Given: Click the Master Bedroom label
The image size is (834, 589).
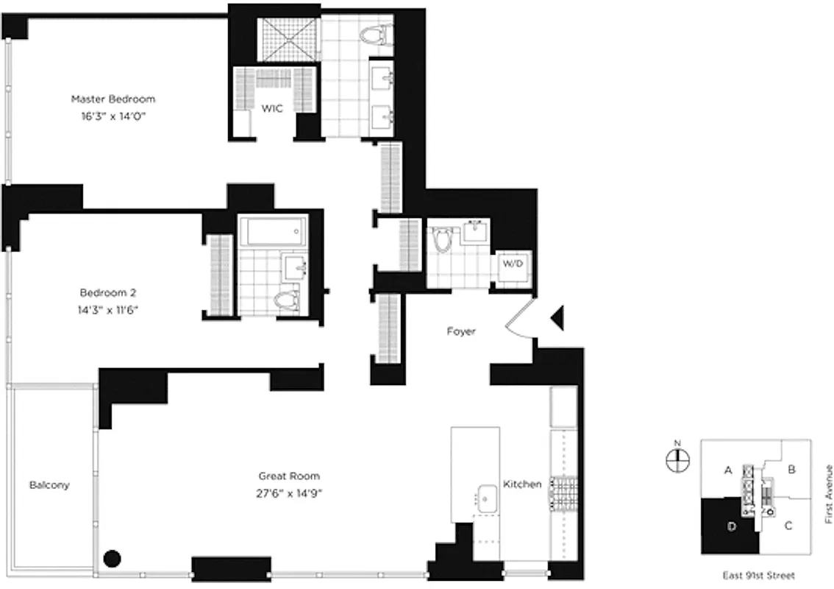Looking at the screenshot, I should click(x=113, y=99).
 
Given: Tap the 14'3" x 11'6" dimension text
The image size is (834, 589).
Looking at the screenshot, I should click(x=109, y=310).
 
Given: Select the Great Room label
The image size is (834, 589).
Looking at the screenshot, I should click(x=288, y=476).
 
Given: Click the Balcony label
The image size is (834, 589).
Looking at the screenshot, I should click(x=49, y=485).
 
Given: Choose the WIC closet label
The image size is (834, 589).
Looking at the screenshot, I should click(x=272, y=108).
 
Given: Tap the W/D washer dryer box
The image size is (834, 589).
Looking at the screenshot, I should click(x=512, y=263).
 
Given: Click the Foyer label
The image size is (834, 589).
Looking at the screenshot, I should click(x=461, y=331).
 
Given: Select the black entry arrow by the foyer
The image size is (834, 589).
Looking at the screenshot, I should click(x=557, y=317).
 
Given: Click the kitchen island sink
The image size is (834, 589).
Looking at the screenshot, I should click(x=485, y=498).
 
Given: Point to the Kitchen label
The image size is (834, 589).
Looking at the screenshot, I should click(x=522, y=484).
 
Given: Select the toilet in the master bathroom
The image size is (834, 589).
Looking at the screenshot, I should click(x=377, y=33).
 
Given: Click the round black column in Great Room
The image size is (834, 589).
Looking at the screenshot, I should click(x=111, y=559).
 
